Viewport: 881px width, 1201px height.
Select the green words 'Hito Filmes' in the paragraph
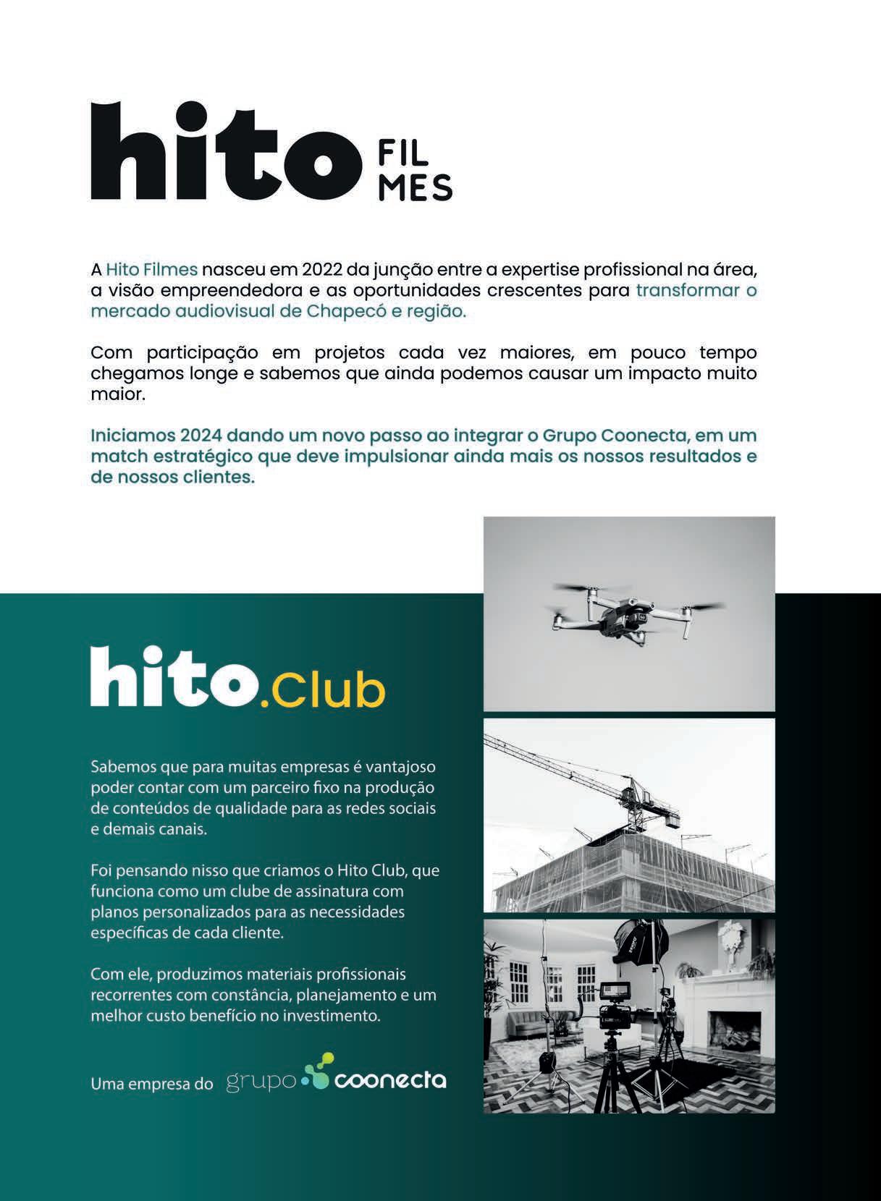pos(152,270)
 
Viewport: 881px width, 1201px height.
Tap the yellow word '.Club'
pos(322,690)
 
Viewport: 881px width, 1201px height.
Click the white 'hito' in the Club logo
pos(174,677)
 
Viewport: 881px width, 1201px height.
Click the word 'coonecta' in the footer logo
pos(390,1081)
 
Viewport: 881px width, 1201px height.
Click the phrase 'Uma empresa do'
pos(152,1084)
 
